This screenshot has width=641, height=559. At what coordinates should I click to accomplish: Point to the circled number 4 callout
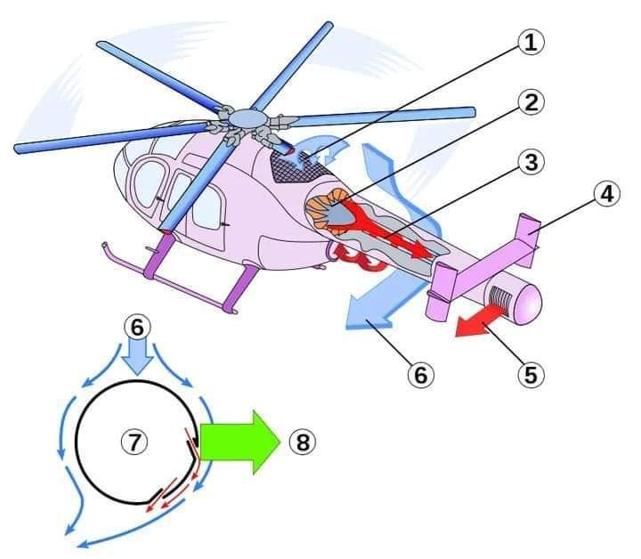[x=606, y=194]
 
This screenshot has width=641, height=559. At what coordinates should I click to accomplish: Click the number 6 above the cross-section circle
[x=136, y=327]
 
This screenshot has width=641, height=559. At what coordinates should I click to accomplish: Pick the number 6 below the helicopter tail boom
[x=420, y=375]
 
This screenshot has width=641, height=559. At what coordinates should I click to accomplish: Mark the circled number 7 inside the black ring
[x=134, y=442]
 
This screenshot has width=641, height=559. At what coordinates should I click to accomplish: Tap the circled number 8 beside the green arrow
[x=304, y=442]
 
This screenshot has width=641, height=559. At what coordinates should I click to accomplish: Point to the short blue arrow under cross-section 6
[x=136, y=358]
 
